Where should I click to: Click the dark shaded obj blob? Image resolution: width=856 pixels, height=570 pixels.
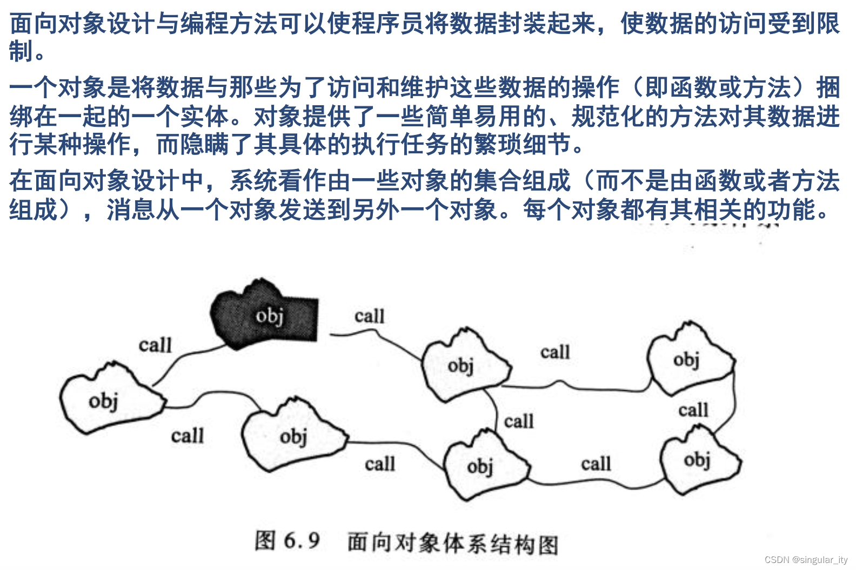point(265,316)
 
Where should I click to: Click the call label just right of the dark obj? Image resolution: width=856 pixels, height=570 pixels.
point(370,316)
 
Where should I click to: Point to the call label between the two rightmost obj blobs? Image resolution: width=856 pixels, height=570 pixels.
point(693,410)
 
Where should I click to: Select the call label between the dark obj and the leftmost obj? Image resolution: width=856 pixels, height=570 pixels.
point(155,345)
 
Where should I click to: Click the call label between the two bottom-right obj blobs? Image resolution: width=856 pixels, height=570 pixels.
point(596,464)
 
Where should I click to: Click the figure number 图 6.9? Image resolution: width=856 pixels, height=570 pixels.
point(287,541)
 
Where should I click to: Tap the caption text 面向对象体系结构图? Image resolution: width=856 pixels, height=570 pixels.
point(453,544)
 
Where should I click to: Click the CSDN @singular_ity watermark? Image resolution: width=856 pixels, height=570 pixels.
point(806,560)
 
